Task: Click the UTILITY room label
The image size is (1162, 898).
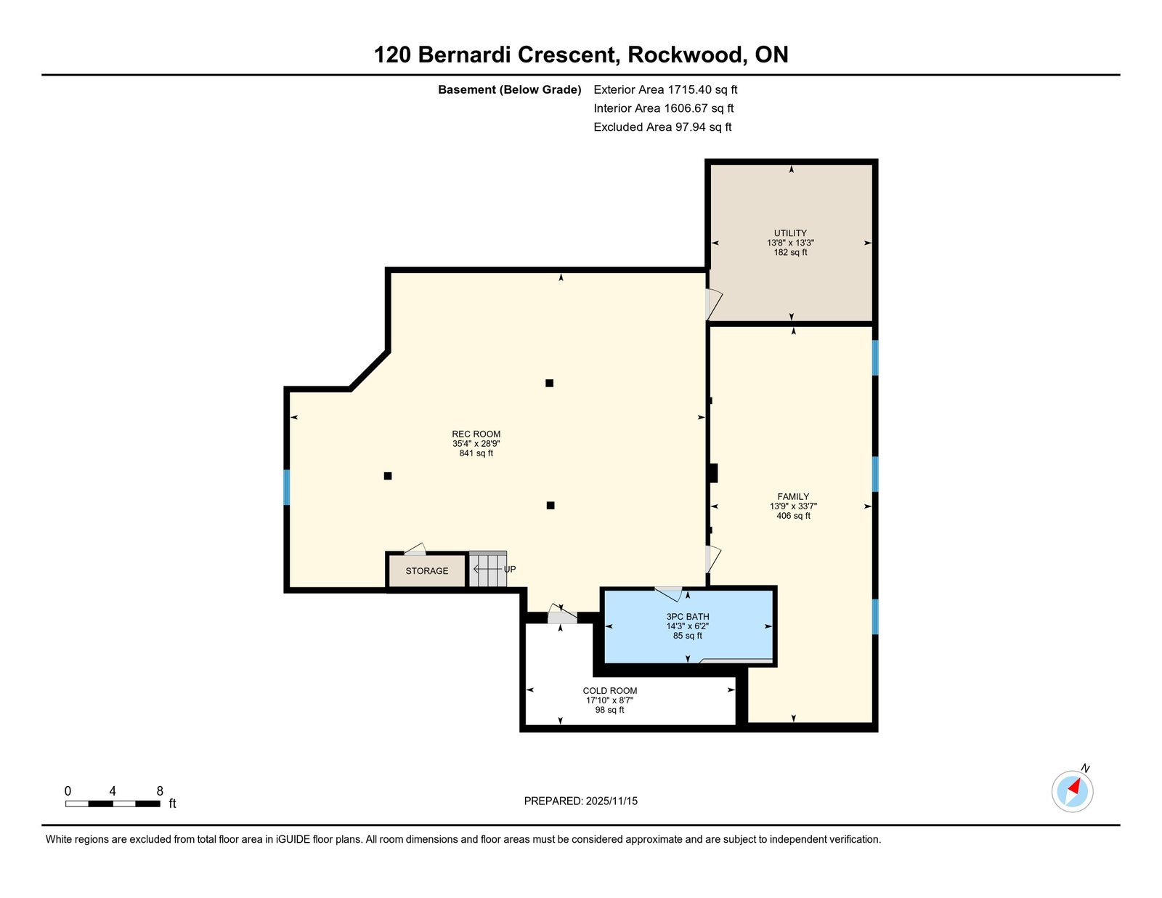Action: [x=790, y=233]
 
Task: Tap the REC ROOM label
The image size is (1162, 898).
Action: [x=476, y=434]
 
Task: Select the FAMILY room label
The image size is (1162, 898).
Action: [x=793, y=497]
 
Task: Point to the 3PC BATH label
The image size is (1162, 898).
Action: [x=688, y=617]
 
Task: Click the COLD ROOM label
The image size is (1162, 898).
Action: [x=610, y=691]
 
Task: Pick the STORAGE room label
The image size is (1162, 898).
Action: [x=427, y=571]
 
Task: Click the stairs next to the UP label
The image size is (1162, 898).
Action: [x=487, y=570]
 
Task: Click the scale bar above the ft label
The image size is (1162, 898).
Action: [x=113, y=804]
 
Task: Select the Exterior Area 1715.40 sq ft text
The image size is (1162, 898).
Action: [x=665, y=90]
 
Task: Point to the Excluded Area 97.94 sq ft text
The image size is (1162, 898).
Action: [x=662, y=127]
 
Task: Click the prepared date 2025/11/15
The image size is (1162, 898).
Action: [x=610, y=801]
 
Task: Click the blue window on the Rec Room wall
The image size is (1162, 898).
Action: [x=287, y=487]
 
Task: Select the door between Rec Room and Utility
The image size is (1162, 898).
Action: [x=712, y=304]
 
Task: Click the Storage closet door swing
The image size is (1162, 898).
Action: [x=415, y=549]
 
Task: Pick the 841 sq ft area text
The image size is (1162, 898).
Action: [x=476, y=453]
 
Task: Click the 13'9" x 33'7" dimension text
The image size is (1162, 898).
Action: [x=793, y=506]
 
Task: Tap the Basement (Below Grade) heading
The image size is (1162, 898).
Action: [x=510, y=90]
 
